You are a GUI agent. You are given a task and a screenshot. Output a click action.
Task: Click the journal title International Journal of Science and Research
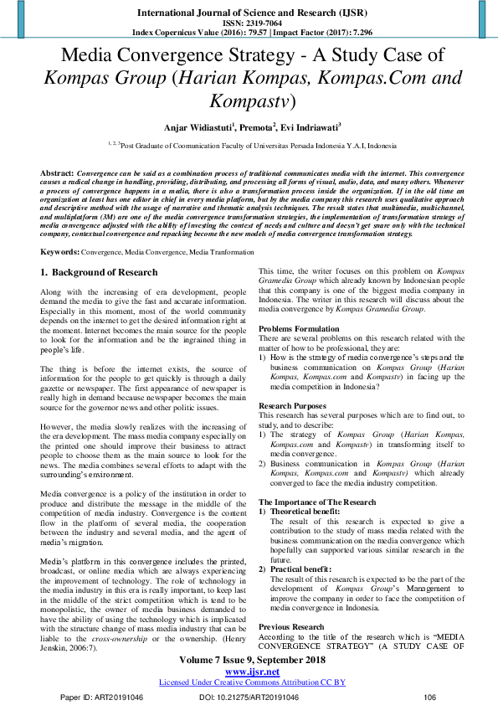(249, 13)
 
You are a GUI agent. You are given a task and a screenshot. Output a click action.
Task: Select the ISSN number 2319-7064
(249, 24)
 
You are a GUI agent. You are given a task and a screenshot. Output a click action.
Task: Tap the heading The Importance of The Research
(317, 502)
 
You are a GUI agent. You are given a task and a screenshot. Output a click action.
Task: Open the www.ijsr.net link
(249, 672)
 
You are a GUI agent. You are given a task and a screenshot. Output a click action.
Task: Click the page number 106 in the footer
(431, 697)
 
